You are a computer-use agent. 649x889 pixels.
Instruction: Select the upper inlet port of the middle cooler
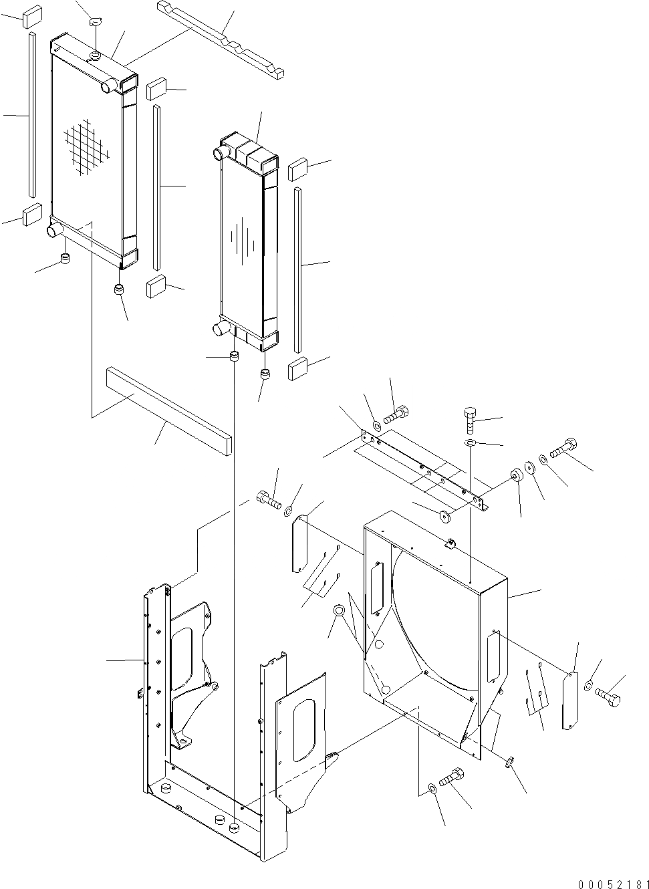pos(219,154)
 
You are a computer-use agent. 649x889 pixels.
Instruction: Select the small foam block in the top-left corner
pos(31,16)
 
